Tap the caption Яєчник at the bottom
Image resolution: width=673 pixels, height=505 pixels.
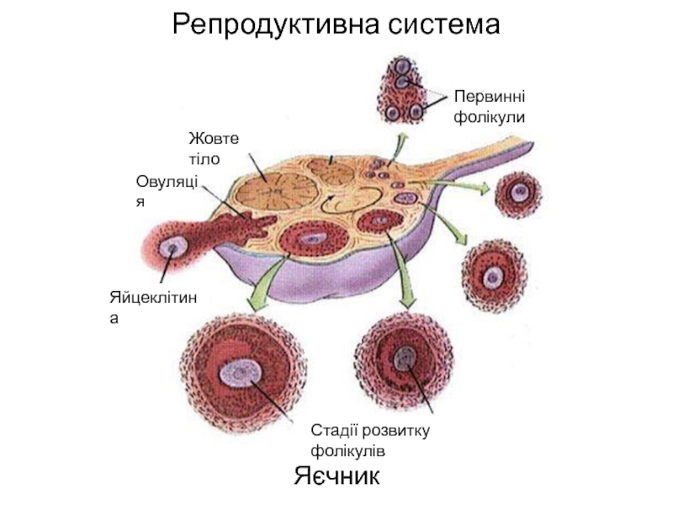(338, 477)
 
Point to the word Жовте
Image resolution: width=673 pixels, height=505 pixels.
(215, 137)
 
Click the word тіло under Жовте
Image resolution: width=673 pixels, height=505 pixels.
(205, 157)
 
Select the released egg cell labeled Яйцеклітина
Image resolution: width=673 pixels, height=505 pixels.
(176, 248)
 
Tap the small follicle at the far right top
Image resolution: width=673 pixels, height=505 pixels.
(519, 194)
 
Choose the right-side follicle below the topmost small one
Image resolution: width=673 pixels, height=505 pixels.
(494, 274)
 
